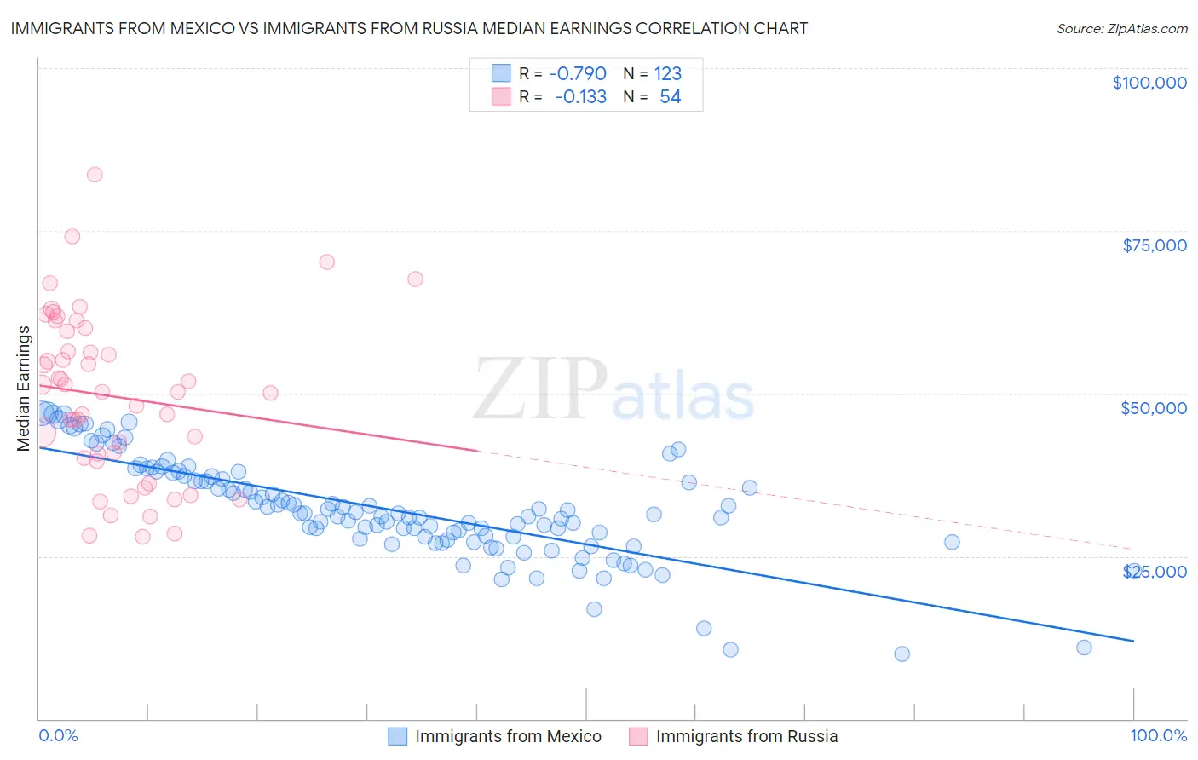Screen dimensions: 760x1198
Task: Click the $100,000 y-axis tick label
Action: [x=1149, y=83]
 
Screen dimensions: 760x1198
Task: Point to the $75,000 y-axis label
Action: [x=1155, y=245]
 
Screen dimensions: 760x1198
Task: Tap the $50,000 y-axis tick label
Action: [x=1153, y=408]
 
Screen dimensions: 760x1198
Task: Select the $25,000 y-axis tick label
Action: [x=1155, y=572]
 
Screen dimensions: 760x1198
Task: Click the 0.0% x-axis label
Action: [x=58, y=735]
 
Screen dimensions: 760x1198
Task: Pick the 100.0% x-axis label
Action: [x=1158, y=735]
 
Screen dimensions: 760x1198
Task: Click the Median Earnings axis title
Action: [x=23, y=389]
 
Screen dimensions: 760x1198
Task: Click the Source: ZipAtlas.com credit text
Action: [x=1121, y=28]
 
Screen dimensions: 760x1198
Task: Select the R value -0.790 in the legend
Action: [x=577, y=74]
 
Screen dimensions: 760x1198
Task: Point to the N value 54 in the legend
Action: [x=670, y=97]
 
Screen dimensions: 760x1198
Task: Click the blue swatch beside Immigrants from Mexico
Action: [x=398, y=736]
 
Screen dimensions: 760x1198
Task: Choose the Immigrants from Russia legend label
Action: [x=746, y=736]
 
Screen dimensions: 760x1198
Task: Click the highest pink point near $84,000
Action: [x=95, y=175]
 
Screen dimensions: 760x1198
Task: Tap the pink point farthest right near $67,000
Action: [x=415, y=279]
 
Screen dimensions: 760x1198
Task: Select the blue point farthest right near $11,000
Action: [x=1084, y=648]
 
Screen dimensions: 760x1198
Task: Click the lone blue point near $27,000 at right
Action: [x=952, y=542]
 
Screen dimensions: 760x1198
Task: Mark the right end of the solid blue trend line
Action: [x=1133, y=640]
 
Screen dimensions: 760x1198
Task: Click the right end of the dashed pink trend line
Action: [x=1133, y=550]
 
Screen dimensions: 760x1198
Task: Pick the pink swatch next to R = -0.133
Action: [x=501, y=97]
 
